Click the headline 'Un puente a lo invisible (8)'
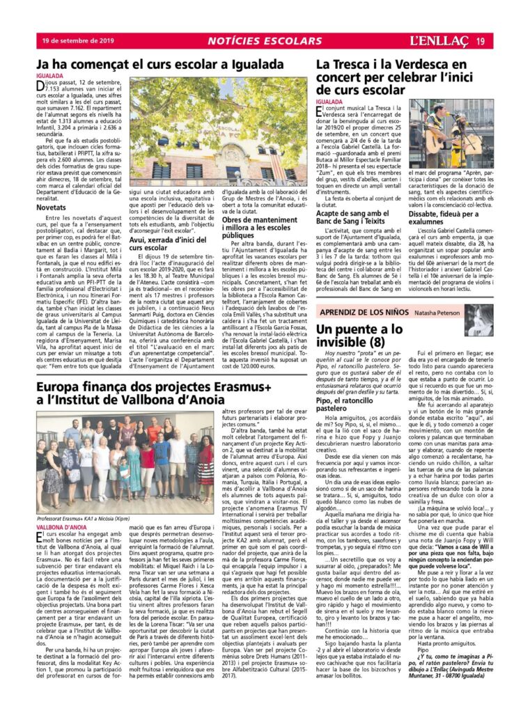(x=369, y=335)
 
